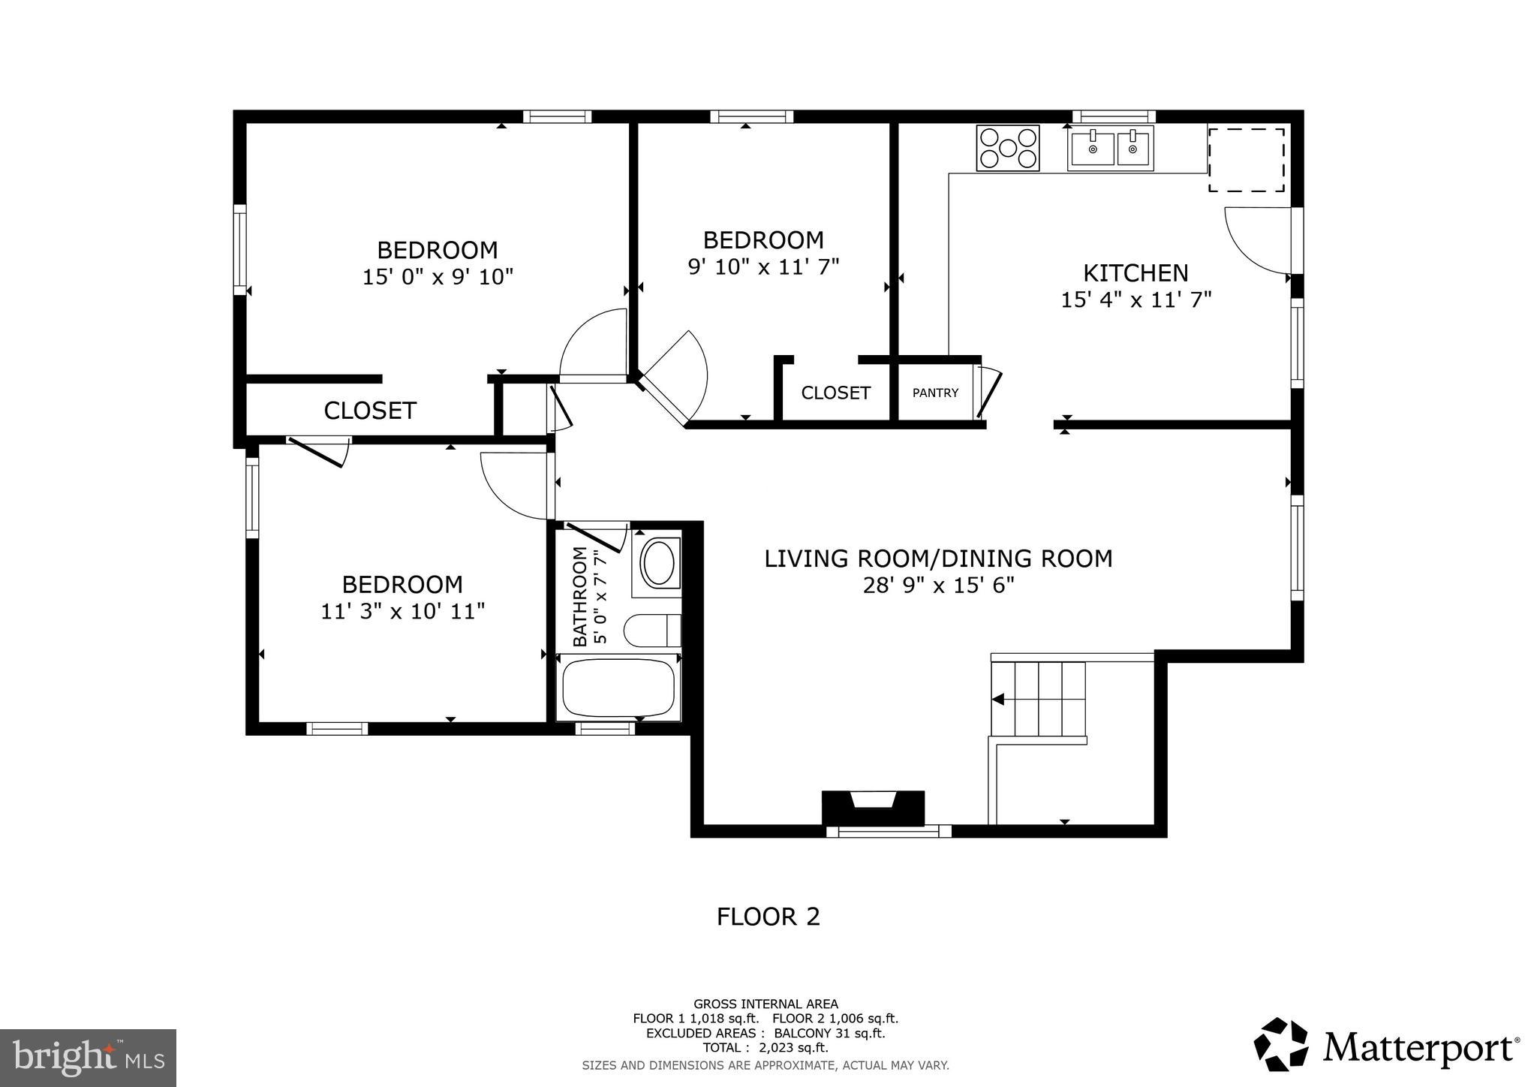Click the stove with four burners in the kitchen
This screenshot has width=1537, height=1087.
[1008, 147]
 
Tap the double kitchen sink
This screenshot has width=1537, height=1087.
[1111, 149]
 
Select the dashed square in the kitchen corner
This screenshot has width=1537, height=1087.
[1247, 159]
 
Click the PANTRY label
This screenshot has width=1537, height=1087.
[935, 393]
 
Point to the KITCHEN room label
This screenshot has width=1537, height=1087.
[1135, 273]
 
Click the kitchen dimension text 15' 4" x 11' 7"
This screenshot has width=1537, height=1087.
[1135, 300]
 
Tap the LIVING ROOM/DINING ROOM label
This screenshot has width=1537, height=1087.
[938, 559]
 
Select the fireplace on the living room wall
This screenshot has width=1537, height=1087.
[873, 808]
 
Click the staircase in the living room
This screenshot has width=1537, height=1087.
[1039, 700]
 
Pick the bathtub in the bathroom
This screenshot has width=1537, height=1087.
[618, 687]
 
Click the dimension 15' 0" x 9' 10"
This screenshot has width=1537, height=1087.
[438, 277]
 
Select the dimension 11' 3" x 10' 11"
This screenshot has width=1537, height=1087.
[403, 612]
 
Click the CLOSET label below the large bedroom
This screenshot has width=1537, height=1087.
[370, 411]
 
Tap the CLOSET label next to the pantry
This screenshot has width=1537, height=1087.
[835, 393]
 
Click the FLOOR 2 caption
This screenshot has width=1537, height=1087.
[768, 917]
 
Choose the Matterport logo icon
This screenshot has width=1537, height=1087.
[1281, 1044]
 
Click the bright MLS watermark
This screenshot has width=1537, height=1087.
[89, 1057]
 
